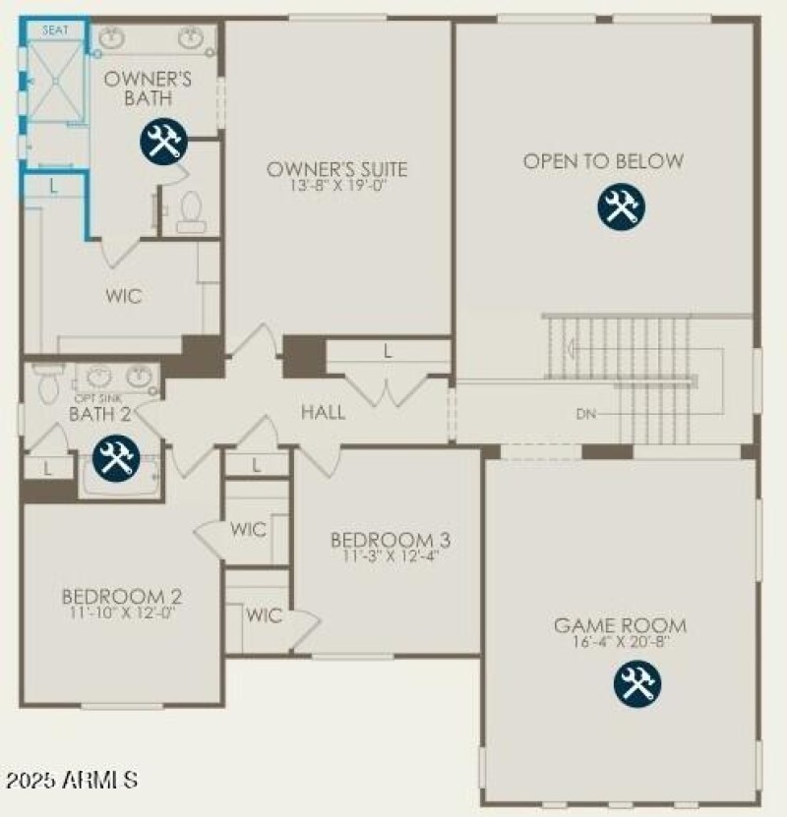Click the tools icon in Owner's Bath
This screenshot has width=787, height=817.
(162, 143)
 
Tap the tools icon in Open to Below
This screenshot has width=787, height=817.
(620, 206)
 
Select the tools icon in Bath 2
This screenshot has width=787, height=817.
(116, 459)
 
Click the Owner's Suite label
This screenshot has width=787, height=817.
(336, 170)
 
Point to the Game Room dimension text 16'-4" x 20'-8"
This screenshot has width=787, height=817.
(620, 643)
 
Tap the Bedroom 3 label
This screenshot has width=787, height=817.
(391, 540)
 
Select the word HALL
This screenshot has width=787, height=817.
(324, 412)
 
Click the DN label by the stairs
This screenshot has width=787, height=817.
(586, 414)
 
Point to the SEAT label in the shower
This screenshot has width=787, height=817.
(55, 30)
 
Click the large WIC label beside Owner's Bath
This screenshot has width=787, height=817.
(124, 296)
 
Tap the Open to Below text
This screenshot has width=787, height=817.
(603, 161)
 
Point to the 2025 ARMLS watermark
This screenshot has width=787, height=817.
(72, 781)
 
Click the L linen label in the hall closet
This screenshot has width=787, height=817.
(388, 350)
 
